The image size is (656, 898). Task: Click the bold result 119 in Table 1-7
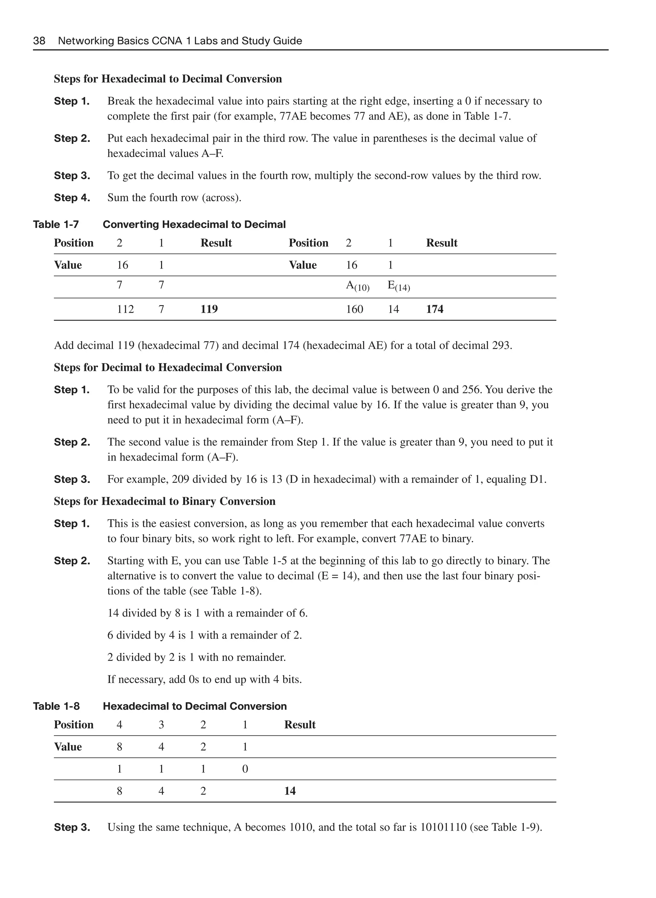coord(209,309)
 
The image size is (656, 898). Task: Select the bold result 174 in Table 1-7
coord(434,309)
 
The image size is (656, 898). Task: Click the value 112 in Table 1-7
coord(125,309)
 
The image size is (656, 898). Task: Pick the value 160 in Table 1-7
coord(354,309)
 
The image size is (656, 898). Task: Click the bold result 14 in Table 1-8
coord(290,791)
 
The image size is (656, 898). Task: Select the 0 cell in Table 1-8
coord(245,769)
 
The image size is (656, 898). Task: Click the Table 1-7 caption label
coord(56,224)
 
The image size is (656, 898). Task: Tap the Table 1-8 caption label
coord(56,706)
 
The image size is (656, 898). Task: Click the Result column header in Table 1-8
coord(299,725)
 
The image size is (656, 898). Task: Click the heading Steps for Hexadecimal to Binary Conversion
coord(164,502)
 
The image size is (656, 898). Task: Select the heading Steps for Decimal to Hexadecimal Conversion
coord(168,368)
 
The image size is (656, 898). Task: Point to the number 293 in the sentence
coord(501,345)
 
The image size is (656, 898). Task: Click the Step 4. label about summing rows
coord(72,197)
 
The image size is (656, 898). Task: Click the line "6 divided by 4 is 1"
coord(204,635)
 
